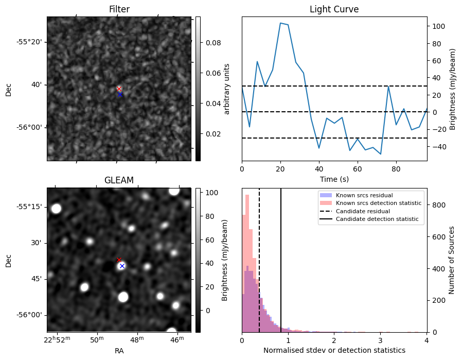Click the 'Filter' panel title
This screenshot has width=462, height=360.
119,9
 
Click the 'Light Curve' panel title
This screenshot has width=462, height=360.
334,9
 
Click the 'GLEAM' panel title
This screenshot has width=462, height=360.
119,180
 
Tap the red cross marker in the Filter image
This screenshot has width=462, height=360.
119,89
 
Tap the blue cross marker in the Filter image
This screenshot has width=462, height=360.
120,94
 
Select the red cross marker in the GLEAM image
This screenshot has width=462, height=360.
119,260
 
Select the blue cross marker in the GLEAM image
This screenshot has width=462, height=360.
122,266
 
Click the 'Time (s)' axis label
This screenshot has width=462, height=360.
334,179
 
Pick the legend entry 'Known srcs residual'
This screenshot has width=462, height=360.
364,195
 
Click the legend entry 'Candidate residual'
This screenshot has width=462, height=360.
363,211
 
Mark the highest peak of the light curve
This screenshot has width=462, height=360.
280,23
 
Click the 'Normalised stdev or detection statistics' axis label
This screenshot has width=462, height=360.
334,351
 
